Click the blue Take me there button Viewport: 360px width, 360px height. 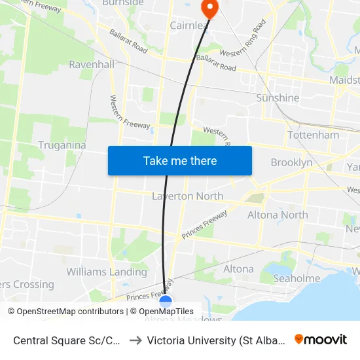click(x=180, y=160)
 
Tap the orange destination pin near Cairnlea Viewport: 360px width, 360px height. click(x=209, y=9)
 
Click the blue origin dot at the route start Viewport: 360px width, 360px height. click(x=166, y=302)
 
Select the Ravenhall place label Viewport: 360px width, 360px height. click(x=92, y=65)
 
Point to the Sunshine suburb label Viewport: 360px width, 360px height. click(x=278, y=98)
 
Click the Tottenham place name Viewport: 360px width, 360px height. click(x=314, y=135)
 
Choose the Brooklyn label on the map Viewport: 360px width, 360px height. click(x=291, y=162)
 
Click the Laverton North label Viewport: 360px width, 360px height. click(x=187, y=196)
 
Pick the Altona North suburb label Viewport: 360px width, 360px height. click(x=278, y=214)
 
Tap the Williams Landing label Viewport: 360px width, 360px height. click(x=107, y=272)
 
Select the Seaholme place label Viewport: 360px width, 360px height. click(x=297, y=278)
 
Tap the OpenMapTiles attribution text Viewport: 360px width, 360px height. click(x=166, y=312)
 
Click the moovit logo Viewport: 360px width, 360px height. click(x=321, y=339)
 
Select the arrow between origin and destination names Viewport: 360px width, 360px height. click(x=136, y=340)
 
